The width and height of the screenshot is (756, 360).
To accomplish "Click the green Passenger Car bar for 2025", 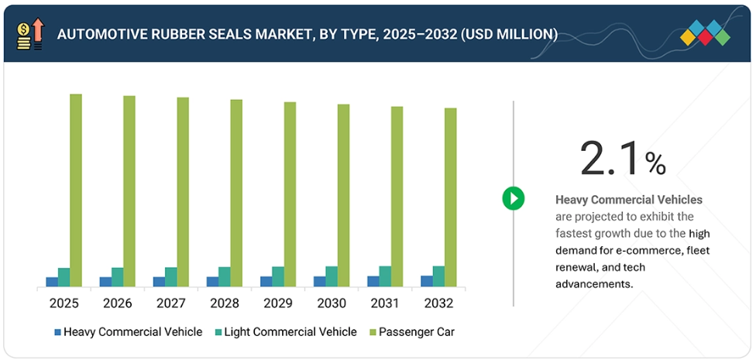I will (76, 190).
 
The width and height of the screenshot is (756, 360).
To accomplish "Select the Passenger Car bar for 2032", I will (450, 197).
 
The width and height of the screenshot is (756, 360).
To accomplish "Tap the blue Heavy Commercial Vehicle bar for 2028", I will (212, 281).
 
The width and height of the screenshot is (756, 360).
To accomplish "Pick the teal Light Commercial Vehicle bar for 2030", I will (332, 276).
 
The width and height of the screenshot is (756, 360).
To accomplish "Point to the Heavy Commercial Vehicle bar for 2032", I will (426, 280).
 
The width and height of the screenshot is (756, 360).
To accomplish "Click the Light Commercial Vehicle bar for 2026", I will (118, 277).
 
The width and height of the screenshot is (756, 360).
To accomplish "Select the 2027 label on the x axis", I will (170, 302).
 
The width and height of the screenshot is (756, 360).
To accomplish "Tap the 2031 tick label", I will (385, 302).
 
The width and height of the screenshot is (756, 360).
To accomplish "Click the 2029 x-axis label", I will (278, 302).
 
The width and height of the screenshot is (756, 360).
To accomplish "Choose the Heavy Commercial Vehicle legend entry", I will (128, 332).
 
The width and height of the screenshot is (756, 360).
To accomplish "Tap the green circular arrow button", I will (513, 198).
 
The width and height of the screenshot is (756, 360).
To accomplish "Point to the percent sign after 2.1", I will (655, 163).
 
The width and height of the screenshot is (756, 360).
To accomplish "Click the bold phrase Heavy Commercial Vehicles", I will (629, 200).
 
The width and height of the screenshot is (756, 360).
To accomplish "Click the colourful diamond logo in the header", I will (706, 33).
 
